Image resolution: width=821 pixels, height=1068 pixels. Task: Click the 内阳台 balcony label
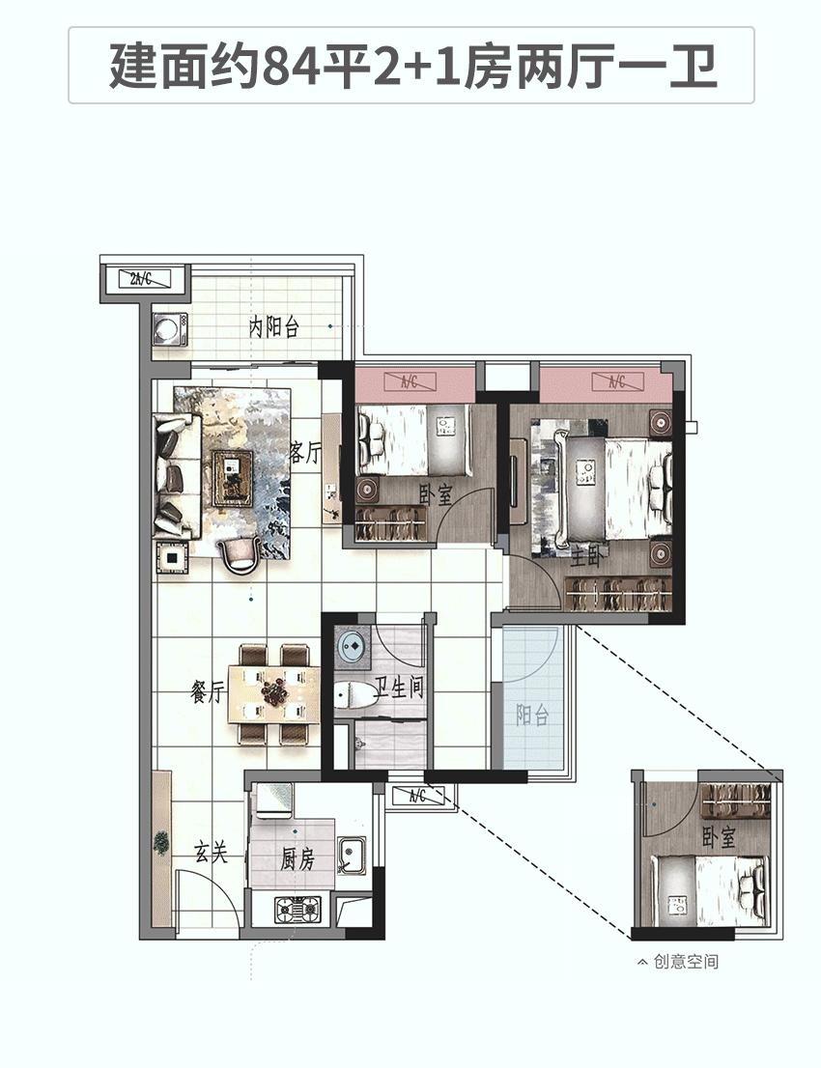[273, 327]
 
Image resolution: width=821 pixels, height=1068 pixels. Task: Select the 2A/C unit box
[142, 278]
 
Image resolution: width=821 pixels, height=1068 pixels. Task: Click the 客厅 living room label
[304, 452]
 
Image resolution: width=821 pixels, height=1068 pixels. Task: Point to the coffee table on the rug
[233, 478]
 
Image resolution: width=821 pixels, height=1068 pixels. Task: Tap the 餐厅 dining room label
[208, 692]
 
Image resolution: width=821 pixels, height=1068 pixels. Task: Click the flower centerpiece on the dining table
[276, 691]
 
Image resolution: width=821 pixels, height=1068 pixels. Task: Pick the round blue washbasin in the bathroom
[352, 645]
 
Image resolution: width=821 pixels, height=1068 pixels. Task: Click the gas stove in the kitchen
[297, 909]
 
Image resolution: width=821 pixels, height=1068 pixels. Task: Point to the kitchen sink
[352, 855]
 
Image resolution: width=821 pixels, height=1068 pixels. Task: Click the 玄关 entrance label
[212, 853]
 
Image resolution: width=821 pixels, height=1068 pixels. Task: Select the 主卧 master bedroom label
[586, 558]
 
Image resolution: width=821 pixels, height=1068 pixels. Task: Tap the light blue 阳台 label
[532, 716]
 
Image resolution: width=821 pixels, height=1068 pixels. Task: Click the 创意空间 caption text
[686, 962]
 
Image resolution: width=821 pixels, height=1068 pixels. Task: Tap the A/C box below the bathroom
[417, 795]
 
